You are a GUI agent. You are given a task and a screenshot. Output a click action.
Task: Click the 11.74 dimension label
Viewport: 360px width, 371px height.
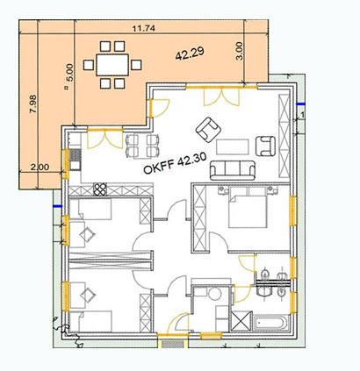(143, 28)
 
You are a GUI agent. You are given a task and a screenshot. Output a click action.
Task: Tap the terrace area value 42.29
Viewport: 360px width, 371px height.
(190, 54)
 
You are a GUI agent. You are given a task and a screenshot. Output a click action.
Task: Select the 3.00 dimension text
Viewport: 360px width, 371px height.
(239, 51)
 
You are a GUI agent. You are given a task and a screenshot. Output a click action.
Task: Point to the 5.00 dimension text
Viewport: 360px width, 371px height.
(71, 73)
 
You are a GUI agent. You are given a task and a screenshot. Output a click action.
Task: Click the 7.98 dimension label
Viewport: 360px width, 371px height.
(32, 103)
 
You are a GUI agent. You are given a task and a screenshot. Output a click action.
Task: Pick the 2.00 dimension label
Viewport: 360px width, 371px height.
(40, 167)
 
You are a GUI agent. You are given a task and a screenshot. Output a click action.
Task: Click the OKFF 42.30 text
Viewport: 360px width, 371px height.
(175, 163)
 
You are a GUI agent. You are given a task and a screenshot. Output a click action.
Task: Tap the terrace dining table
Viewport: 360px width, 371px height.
(112, 65)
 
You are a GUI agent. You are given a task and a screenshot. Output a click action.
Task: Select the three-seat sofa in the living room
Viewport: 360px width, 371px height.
(233, 170)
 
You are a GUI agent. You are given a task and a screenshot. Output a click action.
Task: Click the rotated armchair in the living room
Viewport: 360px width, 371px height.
(208, 130)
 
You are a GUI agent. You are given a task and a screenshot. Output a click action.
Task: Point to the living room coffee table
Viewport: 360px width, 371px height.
(233, 146)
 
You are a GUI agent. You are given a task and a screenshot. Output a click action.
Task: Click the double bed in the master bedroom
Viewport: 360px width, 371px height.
(248, 207)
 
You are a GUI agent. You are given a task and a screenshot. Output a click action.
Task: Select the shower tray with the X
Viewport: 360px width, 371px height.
(241, 321)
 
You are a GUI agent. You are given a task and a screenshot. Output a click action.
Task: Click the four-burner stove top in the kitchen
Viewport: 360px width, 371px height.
(100, 189)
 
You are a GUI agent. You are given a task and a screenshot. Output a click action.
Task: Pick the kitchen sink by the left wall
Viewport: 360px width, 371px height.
(76, 160)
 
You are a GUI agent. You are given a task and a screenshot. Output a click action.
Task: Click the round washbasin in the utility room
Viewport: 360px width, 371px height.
(215, 294)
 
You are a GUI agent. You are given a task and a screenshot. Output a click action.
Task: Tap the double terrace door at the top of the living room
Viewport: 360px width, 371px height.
(221, 96)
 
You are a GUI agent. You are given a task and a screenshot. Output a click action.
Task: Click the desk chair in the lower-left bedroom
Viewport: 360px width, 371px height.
(88, 295)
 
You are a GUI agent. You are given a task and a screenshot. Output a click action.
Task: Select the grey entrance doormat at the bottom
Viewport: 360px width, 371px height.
(173, 345)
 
